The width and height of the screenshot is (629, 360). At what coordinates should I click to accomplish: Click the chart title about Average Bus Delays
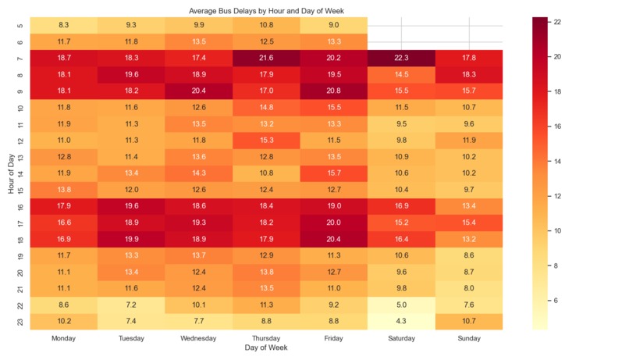pos(266,11)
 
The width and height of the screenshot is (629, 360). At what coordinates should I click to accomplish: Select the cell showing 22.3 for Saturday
pos(401,59)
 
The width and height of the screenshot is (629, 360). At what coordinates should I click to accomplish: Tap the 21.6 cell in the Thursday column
pos(266,59)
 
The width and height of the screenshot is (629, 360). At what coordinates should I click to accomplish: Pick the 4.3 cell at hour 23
pos(401,320)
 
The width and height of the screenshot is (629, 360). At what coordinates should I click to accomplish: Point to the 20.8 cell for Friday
pos(333,91)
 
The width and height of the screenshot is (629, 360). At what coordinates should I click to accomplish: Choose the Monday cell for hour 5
pos(63,26)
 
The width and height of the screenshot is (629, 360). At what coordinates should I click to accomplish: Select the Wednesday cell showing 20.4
pos(198,91)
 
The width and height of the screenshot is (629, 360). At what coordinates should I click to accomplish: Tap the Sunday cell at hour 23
pos(468,320)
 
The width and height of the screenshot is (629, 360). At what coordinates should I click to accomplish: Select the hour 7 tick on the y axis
pos(20,59)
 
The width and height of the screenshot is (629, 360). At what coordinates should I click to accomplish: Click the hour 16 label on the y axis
pos(20,205)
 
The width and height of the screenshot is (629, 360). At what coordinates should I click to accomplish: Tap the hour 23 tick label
pos(20,320)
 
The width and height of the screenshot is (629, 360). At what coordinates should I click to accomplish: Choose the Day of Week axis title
pos(266,348)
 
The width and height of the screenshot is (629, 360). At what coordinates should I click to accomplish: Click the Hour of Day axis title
pos(9,173)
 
